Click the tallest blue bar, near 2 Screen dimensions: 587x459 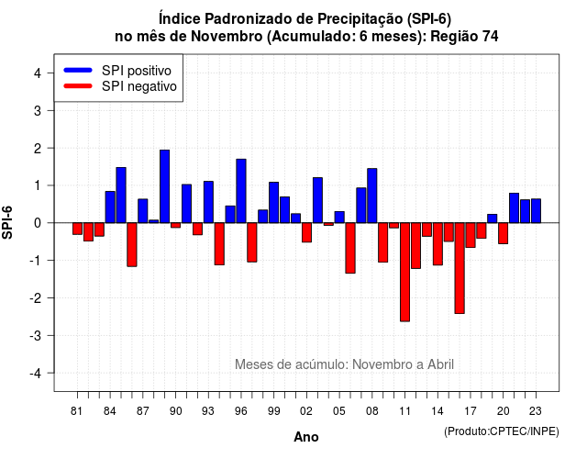tap(164, 186)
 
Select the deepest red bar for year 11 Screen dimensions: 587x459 tap(404, 272)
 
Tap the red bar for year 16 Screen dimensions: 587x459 tap(460, 268)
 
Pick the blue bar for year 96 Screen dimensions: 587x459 tap(241, 191)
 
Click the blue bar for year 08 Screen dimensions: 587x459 tap(372, 196)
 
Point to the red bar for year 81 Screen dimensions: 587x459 tap(77, 229)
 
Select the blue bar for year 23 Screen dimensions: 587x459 tap(536, 211)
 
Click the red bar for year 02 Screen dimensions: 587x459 tap(306, 232)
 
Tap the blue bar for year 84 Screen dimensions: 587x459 tap(110, 207)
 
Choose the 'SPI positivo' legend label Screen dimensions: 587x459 tap(137, 71)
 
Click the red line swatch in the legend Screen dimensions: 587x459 tap(78, 86)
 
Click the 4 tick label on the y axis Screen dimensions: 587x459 tap(38, 73)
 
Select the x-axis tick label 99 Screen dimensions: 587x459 tap(273, 411)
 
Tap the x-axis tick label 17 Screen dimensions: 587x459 tap(471, 411)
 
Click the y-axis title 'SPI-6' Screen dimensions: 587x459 tap(7, 222)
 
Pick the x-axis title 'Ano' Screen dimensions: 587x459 tap(306, 437)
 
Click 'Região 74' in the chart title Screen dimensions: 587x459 tap(464, 37)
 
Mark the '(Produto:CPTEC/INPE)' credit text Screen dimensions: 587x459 tap(502, 431)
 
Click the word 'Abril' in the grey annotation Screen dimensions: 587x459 tap(440, 364)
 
